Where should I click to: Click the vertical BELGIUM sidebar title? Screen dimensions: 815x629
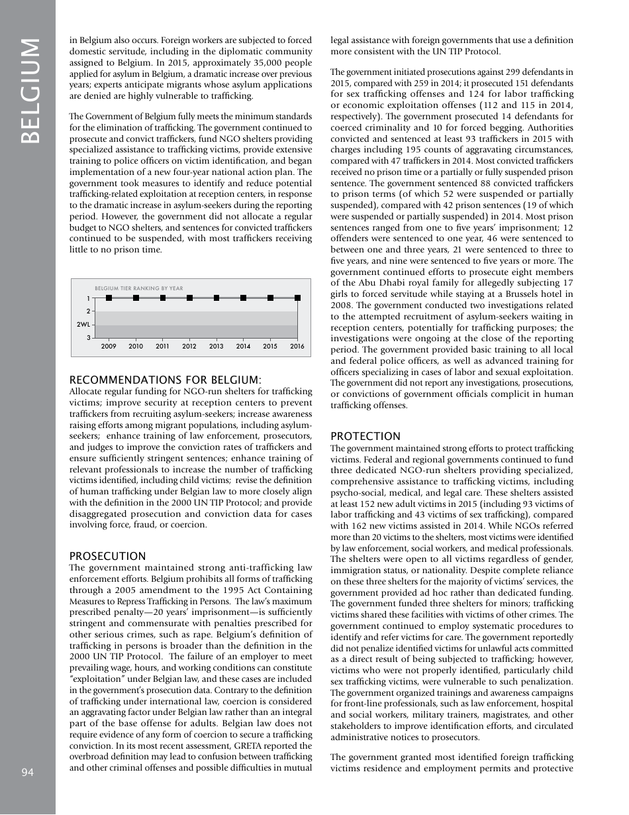point(29,91)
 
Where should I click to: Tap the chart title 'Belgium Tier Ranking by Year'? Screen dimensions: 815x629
point(139,289)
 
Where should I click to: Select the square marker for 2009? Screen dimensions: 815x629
point(109,298)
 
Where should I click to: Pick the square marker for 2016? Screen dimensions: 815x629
point(297,298)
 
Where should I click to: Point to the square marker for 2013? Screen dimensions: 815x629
point(217,298)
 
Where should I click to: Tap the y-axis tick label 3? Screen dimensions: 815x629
point(89,338)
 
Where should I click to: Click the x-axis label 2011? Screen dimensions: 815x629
point(162,346)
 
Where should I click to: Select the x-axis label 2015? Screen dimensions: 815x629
point(270,346)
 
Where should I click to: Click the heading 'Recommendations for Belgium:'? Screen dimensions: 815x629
point(166,380)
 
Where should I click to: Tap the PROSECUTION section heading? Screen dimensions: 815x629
point(107,557)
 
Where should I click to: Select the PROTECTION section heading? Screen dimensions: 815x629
point(365,436)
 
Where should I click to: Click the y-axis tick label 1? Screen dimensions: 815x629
point(89,298)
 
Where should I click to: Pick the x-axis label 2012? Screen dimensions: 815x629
point(189,346)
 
